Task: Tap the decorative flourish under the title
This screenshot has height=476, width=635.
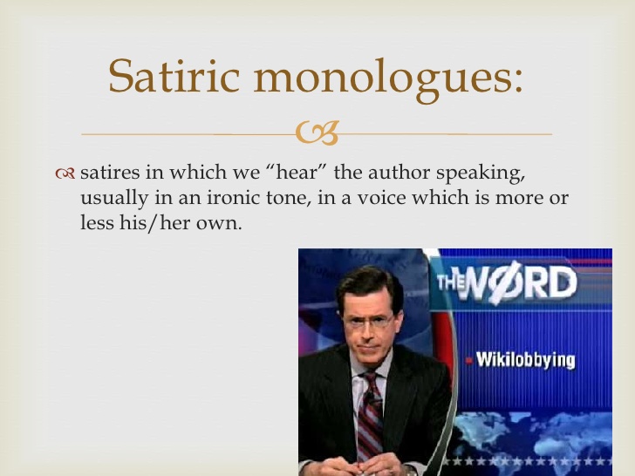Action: [x=317, y=133]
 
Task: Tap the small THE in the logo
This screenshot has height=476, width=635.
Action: [x=449, y=282]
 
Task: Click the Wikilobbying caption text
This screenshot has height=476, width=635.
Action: [x=525, y=359]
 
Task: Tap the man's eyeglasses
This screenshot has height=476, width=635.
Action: [x=367, y=320]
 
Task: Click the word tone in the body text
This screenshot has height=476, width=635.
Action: [x=267, y=199]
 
